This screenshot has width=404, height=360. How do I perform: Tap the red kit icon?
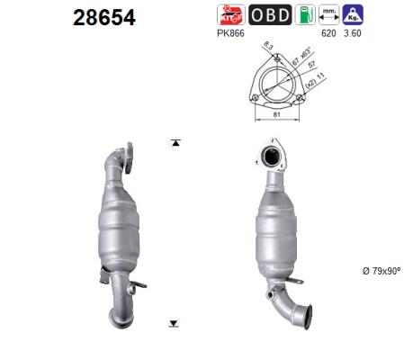pyautogui.click(x=228, y=13)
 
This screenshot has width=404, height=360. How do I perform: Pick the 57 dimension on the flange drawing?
pyautogui.click(x=308, y=65)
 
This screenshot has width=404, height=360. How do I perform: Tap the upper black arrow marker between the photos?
pyautogui.click(x=175, y=142)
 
